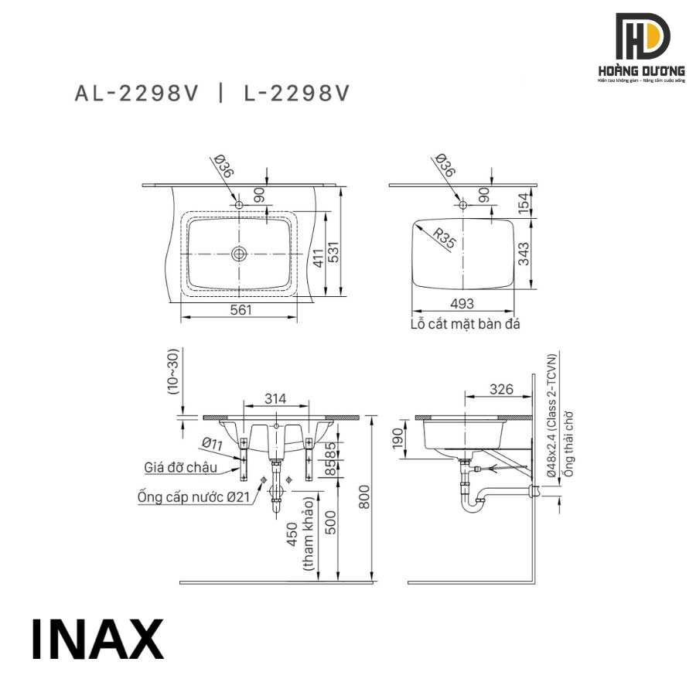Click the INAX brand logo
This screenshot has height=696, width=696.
[x=97, y=639]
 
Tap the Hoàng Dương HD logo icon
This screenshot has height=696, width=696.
[x=643, y=36]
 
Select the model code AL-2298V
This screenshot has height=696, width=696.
[x=137, y=94]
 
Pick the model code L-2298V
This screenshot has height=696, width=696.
[x=296, y=94]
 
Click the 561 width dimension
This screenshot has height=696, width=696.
[x=241, y=310]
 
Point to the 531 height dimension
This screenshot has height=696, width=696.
[x=333, y=251]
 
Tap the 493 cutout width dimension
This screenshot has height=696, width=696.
[x=462, y=304]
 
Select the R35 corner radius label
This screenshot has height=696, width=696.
[x=445, y=238]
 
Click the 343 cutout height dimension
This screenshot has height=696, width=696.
[x=524, y=254]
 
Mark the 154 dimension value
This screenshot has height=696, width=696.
[x=524, y=202]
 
